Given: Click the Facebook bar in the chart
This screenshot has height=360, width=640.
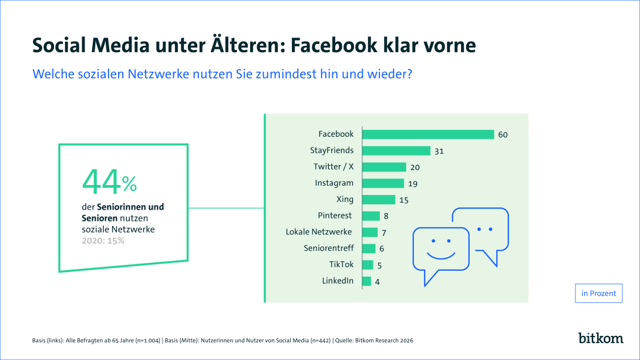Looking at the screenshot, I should pyautogui.click(x=428, y=134).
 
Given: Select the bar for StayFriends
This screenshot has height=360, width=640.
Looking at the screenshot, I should pyautogui.click(x=396, y=151).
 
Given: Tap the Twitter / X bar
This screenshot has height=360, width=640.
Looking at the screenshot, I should pyautogui.click(x=384, y=167).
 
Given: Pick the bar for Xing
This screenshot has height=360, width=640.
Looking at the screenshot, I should pyautogui.click(x=379, y=200).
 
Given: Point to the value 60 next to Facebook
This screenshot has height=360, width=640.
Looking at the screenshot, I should pyautogui.click(x=503, y=135).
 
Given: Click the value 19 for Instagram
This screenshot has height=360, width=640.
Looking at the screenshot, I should pyautogui.click(x=413, y=184).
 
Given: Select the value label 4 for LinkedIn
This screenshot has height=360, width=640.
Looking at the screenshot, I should pyautogui.click(x=377, y=282).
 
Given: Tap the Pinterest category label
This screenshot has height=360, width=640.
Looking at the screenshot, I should pyautogui.click(x=336, y=216).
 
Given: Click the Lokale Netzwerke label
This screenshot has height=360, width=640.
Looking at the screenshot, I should pyautogui.click(x=319, y=232).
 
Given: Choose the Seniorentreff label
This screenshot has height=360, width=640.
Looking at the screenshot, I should pyautogui.click(x=329, y=248).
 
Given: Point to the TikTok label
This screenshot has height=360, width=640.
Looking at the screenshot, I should pyautogui.click(x=342, y=264).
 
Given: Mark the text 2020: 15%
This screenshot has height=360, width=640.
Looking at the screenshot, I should pyautogui.click(x=103, y=241).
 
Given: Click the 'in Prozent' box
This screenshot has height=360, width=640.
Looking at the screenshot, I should pyautogui.click(x=598, y=293).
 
